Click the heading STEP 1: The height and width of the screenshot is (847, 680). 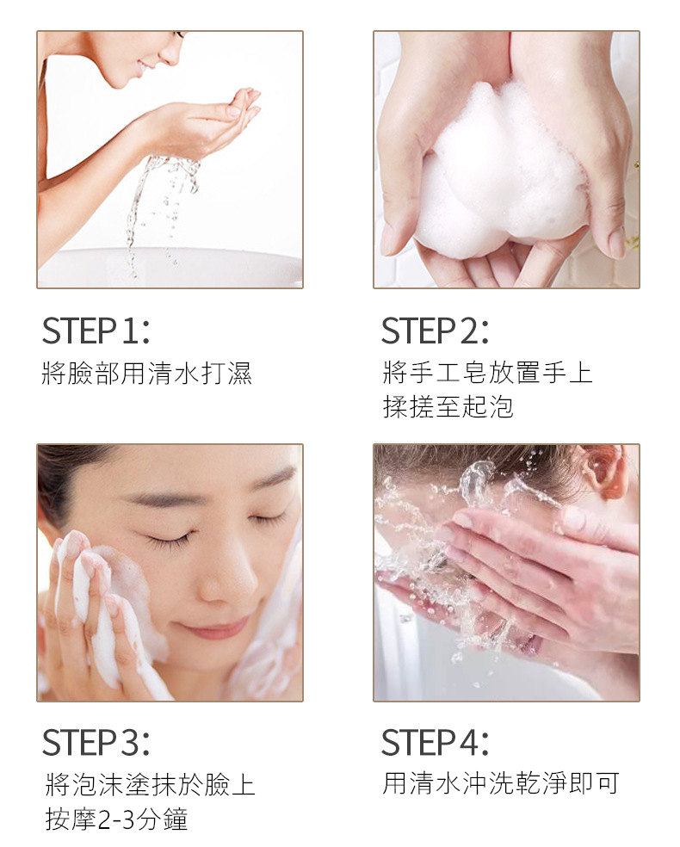tap(96, 331)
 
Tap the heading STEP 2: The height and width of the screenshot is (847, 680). tap(435, 331)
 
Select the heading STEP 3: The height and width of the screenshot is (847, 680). tap(96, 742)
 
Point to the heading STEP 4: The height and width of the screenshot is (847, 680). tap(435, 742)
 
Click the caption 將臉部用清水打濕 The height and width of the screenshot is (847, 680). tap(147, 374)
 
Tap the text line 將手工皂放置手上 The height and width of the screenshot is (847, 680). tap(488, 374)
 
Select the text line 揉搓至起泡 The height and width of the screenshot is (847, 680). tap(448, 407)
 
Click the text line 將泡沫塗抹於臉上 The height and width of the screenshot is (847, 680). tap(150, 785)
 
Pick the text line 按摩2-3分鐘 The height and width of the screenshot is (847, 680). tap(117, 819)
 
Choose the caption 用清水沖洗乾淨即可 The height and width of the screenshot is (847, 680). tap(501, 783)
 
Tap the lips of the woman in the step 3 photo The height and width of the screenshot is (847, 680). tap(216, 628)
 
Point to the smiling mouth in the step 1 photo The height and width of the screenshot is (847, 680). tap(145, 66)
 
